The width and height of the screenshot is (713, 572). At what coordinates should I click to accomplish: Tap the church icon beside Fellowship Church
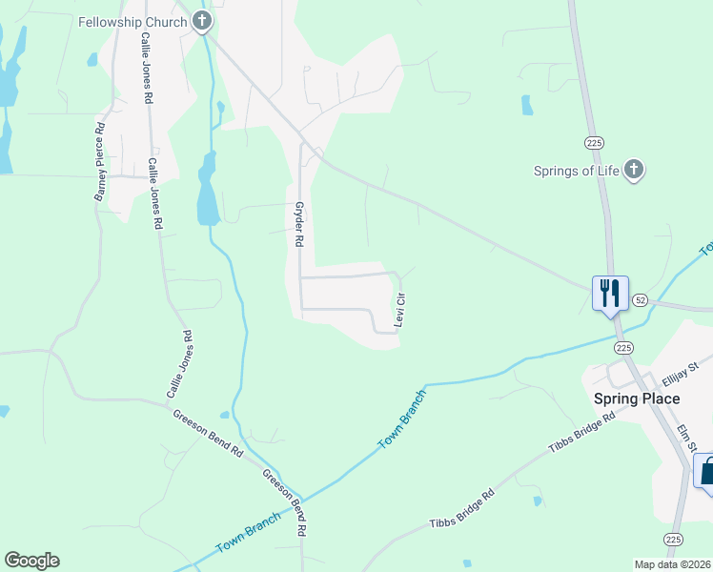point(201,20)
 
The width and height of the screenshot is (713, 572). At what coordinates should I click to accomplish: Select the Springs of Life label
point(575,172)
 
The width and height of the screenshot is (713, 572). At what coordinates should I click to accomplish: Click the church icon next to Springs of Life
point(634,171)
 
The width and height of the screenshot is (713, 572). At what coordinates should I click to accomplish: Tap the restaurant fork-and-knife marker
point(609,292)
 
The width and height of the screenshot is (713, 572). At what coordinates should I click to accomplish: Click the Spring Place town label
point(636,398)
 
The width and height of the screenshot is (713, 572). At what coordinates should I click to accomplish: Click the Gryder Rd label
point(298,225)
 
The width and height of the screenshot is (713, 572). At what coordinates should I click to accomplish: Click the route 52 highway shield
point(639,299)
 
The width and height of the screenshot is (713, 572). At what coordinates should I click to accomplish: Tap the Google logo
point(31,561)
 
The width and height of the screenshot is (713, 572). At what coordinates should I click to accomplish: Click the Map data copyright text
point(672,564)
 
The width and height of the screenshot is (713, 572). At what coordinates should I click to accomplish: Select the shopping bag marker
point(706,472)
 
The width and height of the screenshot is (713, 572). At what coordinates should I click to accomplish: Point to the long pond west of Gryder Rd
point(207,191)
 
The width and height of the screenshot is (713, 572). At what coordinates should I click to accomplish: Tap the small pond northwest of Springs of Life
point(527,105)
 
